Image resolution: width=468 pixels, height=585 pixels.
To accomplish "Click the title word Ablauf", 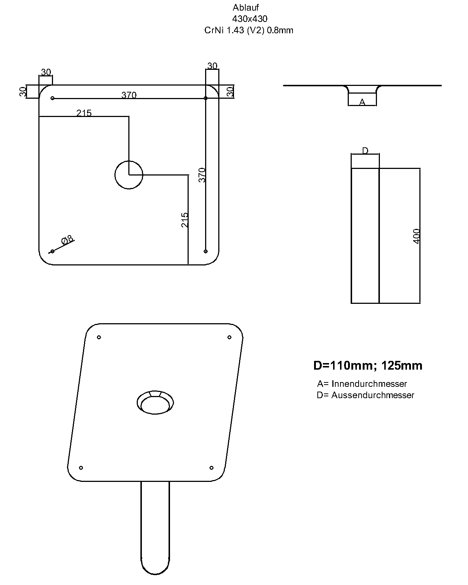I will [x=246, y=8].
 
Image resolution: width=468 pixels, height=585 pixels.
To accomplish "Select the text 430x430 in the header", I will [x=250, y=19].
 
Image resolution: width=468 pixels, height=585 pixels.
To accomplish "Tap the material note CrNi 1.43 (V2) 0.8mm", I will [x=249, y=30].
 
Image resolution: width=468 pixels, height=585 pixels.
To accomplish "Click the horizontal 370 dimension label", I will [x=129, y=95].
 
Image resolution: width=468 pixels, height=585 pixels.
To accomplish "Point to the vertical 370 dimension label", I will [x=202, y=175].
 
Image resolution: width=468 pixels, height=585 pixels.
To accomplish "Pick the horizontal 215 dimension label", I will [x=84, y=113].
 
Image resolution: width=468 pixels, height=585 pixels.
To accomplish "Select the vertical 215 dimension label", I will [x=185, y=220].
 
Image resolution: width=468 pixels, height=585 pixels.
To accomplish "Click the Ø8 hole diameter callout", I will [x=68, y=240].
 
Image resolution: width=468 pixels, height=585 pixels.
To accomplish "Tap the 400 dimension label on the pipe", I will [x=416, y=236].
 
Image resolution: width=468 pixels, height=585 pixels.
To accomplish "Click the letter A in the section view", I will [x=362, y=102].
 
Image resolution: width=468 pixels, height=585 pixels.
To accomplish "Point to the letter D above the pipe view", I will [x=365, y=151].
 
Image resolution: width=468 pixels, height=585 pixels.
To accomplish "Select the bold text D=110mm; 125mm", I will [x=368, y=366].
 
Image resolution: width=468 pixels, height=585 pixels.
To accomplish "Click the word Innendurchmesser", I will [x=369, y=384].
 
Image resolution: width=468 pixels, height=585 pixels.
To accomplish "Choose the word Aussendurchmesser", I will [x=373, y=395].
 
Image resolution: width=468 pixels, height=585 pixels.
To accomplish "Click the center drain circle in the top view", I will [x=129, y=175].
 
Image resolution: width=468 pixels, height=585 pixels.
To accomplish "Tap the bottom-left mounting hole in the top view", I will [x=53, y=251].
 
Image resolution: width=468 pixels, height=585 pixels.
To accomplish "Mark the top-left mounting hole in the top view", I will [x=53, y=98].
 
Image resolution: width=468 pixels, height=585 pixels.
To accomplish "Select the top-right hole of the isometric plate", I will [x=230, y=337].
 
